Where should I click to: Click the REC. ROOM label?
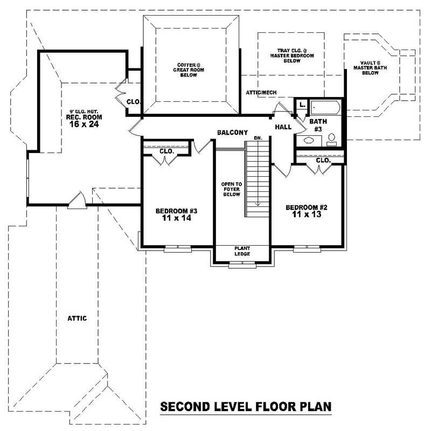pos(84,117)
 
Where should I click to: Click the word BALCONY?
pos(232,133)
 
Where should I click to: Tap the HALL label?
pos(283,127)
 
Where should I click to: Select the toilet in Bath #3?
pos(331,140)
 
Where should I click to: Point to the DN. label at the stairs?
pos(258,138)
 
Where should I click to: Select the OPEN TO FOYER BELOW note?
pos(231,189)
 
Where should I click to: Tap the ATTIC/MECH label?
pos(261,93)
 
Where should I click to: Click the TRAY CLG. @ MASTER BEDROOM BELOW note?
pos(291,55)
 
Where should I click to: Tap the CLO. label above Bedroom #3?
pos(166,151)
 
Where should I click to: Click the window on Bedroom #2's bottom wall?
pos(307,248)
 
